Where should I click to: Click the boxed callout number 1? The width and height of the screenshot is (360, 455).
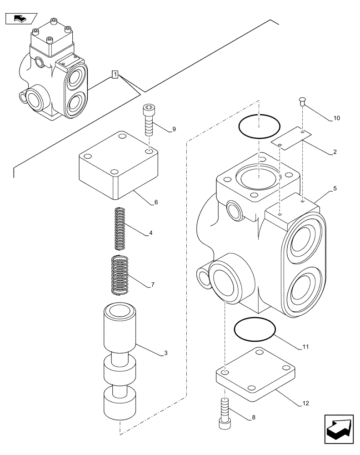pyautogui.click(x=115, y=74)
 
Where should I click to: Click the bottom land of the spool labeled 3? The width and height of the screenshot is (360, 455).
pyautogui.click(x=119, y=402)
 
